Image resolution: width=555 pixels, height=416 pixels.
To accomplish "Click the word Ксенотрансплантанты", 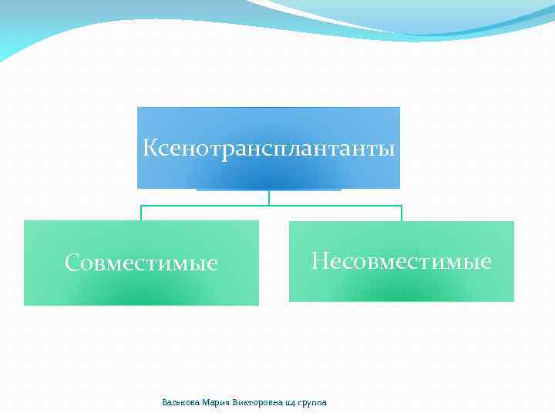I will (269, 147).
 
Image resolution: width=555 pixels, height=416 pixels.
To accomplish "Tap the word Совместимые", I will (142, 263).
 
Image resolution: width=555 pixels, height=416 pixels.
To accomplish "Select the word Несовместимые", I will (401, 262).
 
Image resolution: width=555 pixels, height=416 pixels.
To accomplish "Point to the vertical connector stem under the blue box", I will (269, 197).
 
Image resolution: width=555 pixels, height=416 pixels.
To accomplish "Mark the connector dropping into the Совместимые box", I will (141, 213).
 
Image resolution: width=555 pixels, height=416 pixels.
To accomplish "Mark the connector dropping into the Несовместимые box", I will (402, 213).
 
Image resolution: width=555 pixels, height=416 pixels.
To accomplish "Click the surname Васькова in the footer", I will (180, 402).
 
